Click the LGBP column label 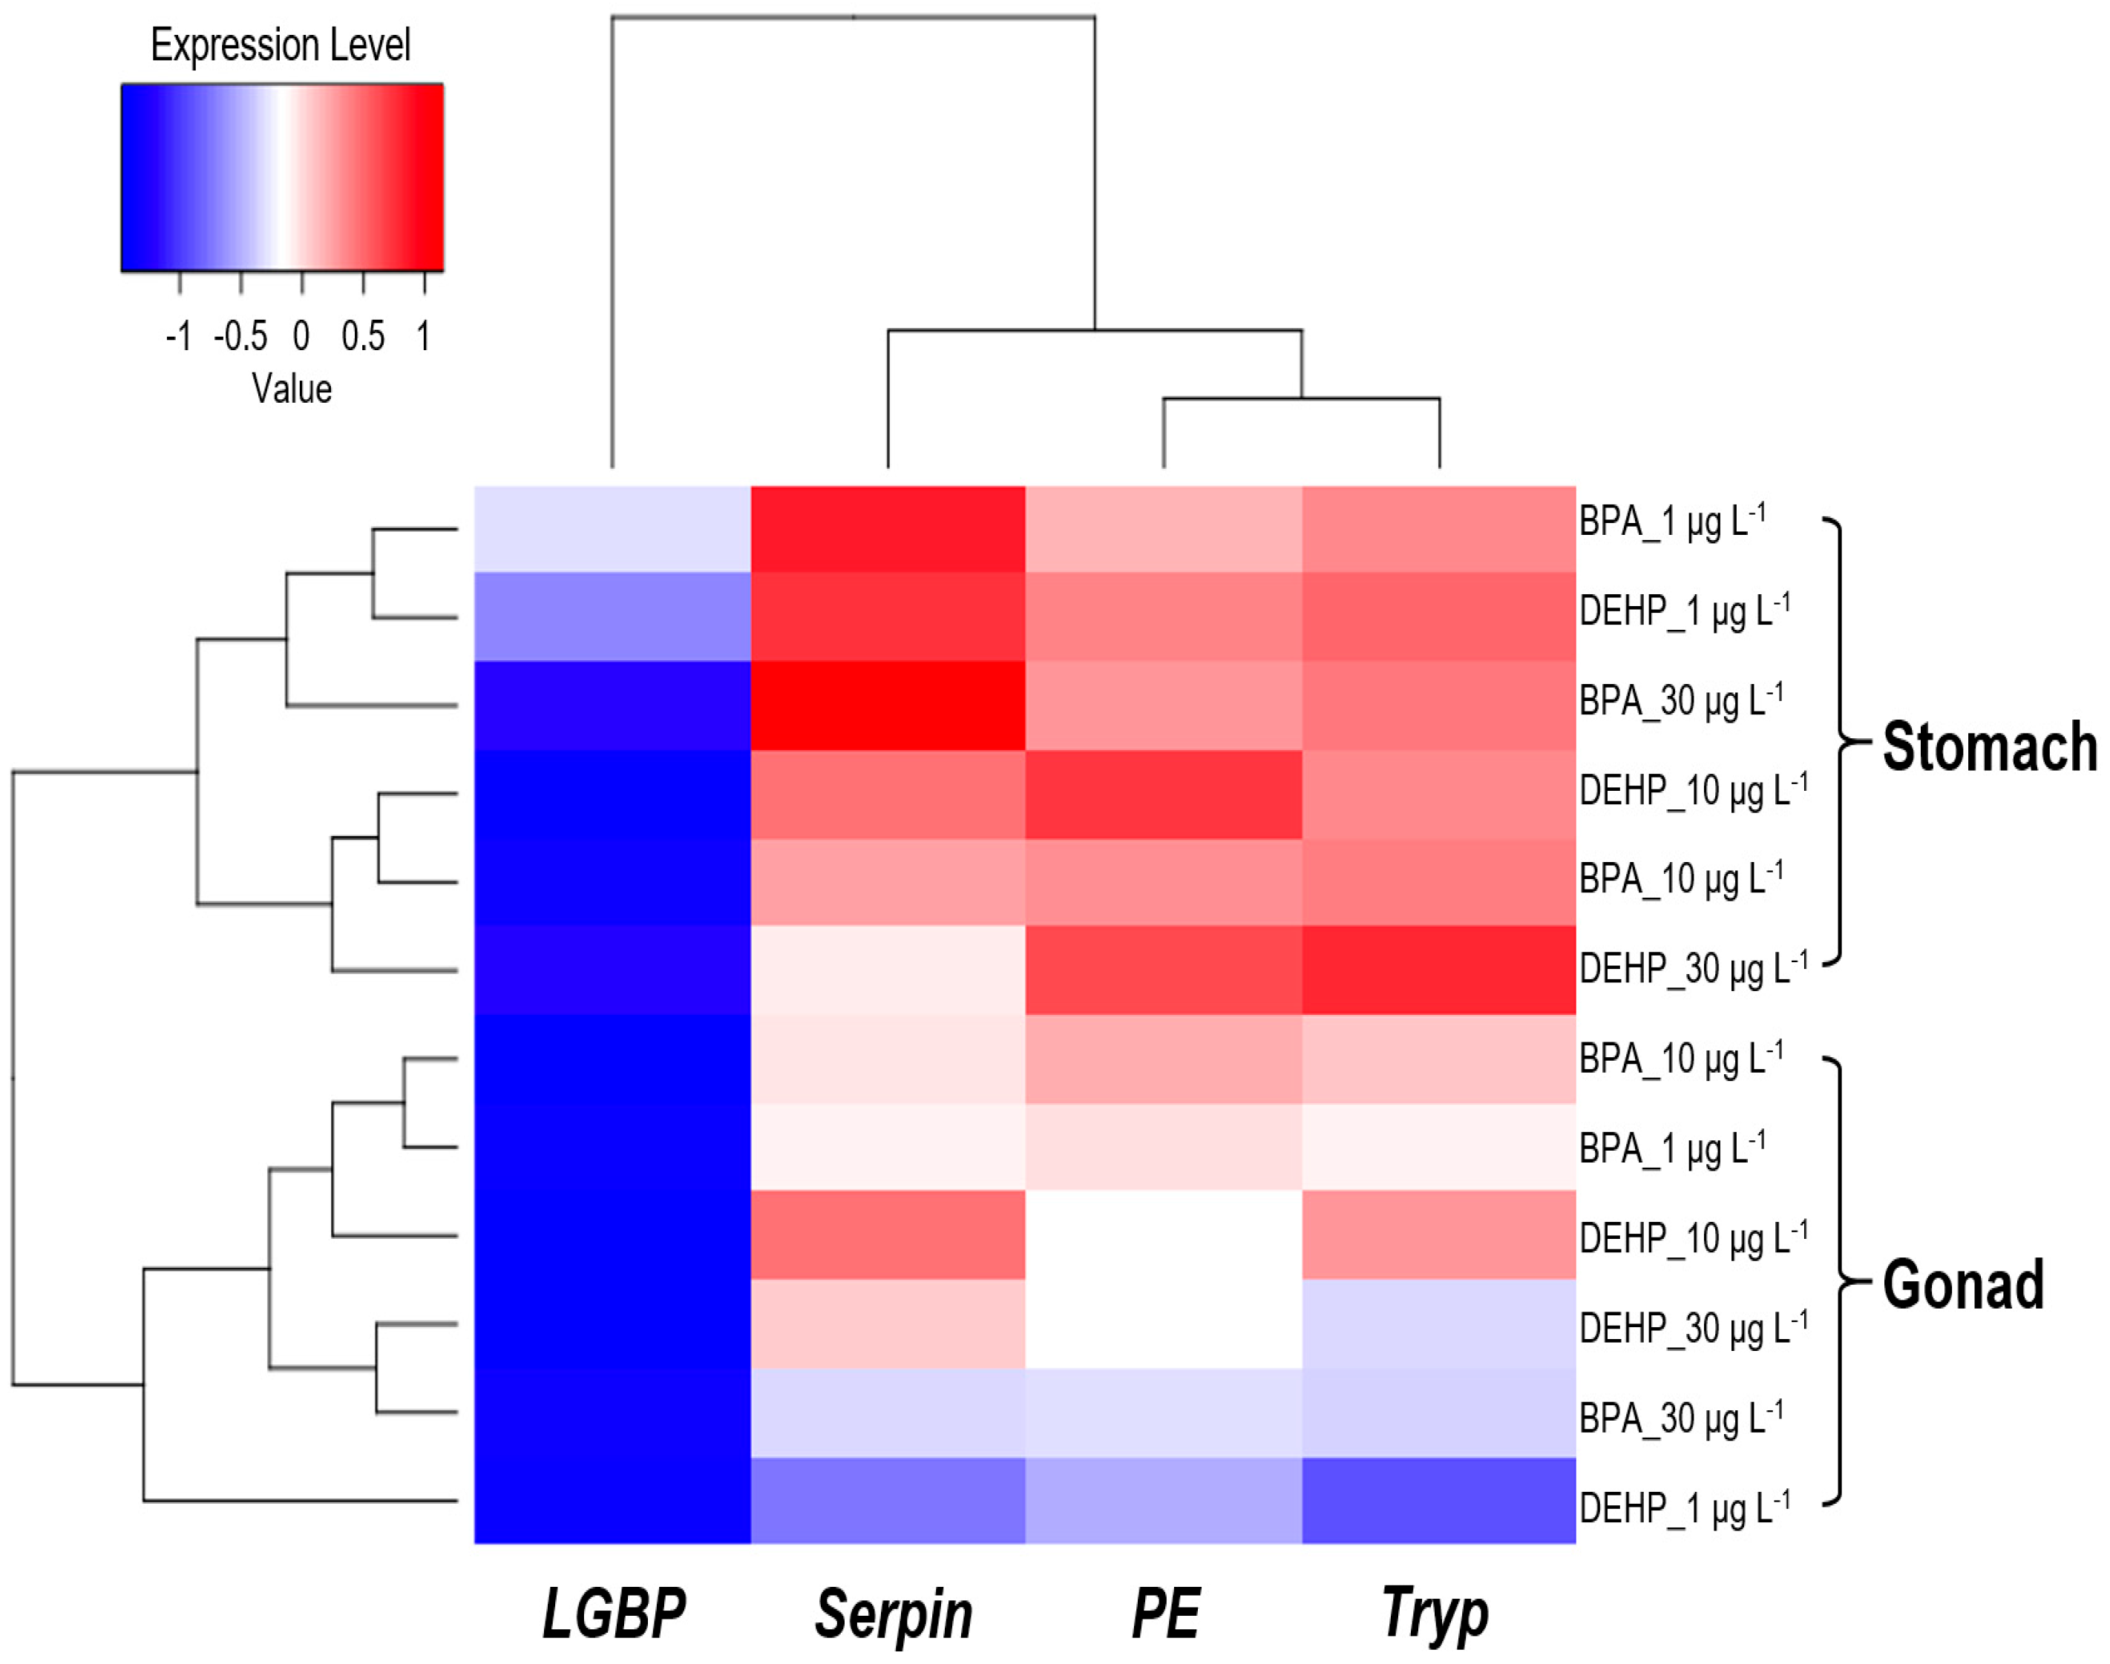613,1612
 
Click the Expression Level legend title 281,45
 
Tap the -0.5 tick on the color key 240,336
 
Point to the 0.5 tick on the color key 362,336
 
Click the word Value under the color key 292,389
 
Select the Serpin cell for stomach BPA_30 888,706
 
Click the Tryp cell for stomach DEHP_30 1438,970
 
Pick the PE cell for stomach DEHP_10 1164,794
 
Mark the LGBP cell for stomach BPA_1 612,528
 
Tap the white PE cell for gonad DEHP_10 1164,1234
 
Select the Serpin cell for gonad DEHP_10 888,1234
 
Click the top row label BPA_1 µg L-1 1672,522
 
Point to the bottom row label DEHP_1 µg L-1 1684,1508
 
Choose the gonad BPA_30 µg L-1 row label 1681,1418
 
